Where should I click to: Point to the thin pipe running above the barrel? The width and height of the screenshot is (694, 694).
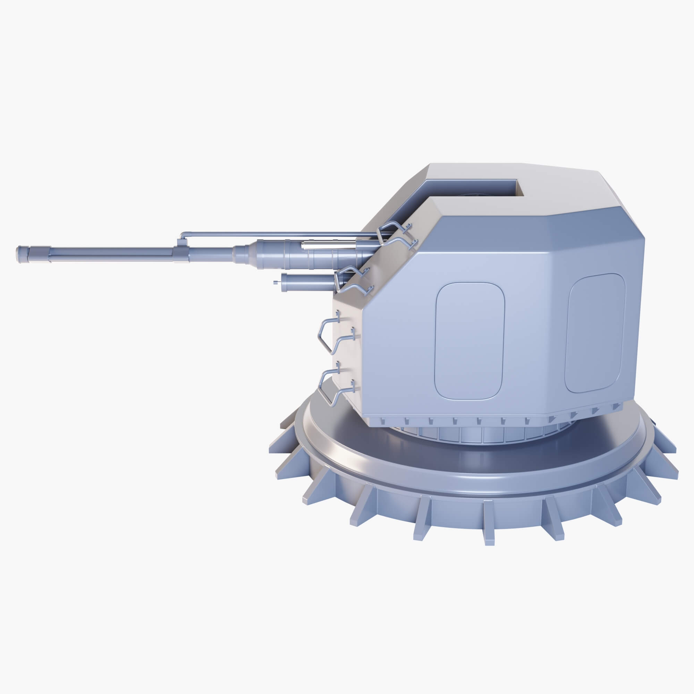point(273,234)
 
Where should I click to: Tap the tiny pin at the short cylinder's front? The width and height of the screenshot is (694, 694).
point(276,282)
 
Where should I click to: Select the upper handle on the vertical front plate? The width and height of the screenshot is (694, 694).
point(329,333)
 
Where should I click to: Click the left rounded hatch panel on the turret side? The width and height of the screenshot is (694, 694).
point(469,341)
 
